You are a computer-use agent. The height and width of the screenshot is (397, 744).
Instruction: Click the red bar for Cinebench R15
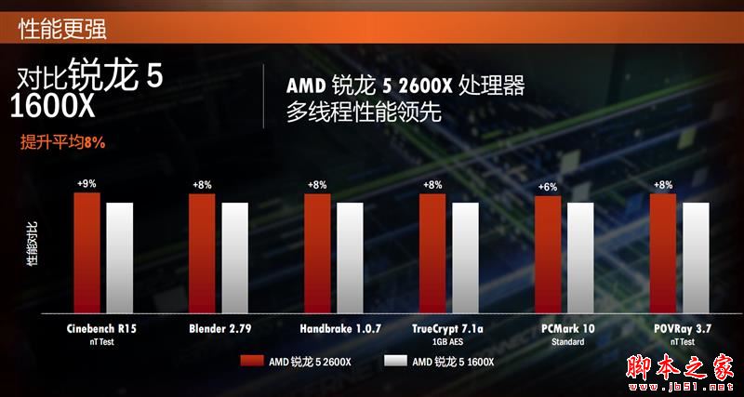click(x=86, y=256)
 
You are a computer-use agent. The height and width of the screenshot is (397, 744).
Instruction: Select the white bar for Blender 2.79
click(x=234, y=260)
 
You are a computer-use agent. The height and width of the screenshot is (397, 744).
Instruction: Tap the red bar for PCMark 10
click(x=548, y=258)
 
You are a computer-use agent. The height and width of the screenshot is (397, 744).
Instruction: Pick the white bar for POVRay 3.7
click(x=696, y=260)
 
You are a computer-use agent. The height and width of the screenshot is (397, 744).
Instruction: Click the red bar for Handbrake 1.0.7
click(x=317, y=257)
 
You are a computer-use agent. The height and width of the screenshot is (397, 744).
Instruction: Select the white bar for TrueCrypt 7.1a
click(x=465, y=260)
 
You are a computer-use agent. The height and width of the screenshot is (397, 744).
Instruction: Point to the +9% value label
click(x=86, y=185)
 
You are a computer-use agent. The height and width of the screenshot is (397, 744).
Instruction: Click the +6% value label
click(x=548, y=188)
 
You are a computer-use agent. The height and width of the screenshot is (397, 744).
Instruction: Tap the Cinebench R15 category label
click(x=100, y=328)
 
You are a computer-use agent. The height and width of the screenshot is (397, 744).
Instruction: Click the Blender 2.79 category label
click(x=219, y=328)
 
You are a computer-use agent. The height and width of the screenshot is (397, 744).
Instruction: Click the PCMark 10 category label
click(x=566, y=328)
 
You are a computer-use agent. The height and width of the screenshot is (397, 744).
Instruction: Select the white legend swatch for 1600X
click(x=395, y=362)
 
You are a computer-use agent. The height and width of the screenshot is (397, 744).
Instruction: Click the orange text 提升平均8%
click(x=62, y=142)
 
